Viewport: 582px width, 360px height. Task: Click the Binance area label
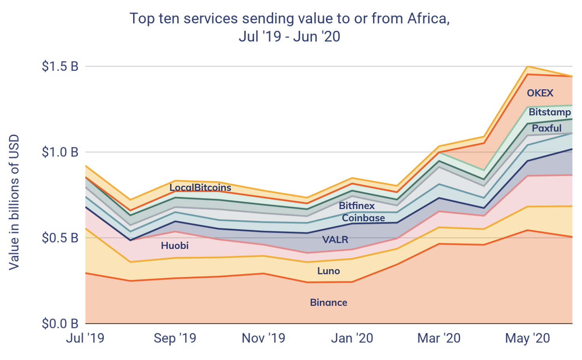tap(329, 303)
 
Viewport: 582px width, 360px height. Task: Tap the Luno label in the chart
tap(329, 271)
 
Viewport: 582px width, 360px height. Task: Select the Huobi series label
tap(175, 246)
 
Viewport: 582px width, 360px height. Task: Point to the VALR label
tap(335, 239)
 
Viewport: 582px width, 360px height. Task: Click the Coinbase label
tap(363, 218)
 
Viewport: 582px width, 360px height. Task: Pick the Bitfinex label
tap(357, 205)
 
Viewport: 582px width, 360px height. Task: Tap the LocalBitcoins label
tap(200, 188)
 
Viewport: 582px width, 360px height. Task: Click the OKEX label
tap(540, 93)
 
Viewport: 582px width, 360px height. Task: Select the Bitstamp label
tap(550, 112)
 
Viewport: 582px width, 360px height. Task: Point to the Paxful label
tap(546, 128)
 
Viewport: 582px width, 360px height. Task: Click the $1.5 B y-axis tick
tap(60, 66)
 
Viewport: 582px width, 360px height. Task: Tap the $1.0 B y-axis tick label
tap(60, 152)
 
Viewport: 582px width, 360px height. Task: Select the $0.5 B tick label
tap(60, 238)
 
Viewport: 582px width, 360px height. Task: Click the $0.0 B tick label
tap(60, 324)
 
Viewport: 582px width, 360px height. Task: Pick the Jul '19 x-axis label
tap(85, 338)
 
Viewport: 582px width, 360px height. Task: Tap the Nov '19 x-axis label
tap(263, 338)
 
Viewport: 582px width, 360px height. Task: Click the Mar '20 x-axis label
tap(439, 338)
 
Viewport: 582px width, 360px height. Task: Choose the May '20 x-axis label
tap(528, 338)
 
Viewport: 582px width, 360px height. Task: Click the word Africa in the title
tap(428, 19)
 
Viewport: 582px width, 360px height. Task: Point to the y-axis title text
tap(14, 202)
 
